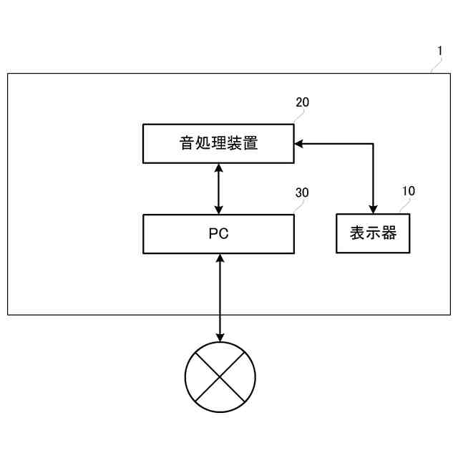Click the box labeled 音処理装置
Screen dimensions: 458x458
coord(218,143)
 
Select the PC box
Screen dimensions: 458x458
coord(218,233)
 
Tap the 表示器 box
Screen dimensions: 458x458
coord(373,233)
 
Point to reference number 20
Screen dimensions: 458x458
coord(302,102)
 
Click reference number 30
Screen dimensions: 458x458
coord(302,193)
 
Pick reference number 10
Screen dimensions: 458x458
coord(408,191)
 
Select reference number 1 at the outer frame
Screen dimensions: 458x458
coord(439,51)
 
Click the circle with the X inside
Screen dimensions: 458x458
coord(220,377)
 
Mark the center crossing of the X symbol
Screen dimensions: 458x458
coord(220,377)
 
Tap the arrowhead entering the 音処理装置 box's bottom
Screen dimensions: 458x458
coord(219,167)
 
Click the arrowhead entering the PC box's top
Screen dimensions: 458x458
coord(219,210)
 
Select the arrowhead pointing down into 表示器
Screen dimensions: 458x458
coord(373,209)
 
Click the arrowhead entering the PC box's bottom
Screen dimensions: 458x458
coord(219,258)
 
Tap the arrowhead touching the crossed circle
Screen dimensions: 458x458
coord(220,338)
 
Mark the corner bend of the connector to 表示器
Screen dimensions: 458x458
coord(373,144)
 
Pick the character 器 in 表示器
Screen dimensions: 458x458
coord(389,233)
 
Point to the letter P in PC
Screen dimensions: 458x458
coord(213,233)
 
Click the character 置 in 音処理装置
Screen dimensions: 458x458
coord(250,143)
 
